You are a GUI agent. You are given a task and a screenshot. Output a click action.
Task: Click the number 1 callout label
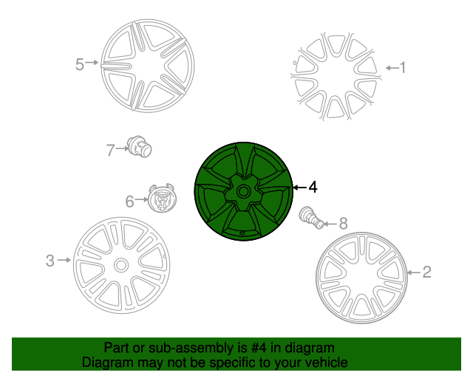(x=403, y=67)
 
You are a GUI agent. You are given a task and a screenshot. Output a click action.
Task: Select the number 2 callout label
(x=426, y=272)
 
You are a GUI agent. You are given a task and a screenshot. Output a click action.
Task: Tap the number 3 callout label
(x=50, y=261)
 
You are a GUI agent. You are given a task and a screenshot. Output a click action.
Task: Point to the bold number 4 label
(x=313, y=188)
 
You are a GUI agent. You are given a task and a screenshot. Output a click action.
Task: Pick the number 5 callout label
(x=79, y=64)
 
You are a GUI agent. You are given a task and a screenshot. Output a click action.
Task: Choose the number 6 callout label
(x=129, y=202)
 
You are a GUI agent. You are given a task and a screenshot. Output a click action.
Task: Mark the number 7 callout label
(x=110, y=150)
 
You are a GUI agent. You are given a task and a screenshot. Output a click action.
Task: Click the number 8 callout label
(x=343, y=224)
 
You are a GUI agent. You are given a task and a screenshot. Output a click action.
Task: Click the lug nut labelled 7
(x=139, y=146)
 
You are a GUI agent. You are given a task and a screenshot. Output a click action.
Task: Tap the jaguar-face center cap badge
(x=163, y=198)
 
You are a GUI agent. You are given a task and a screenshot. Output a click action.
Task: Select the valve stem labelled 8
(x=311, y=218)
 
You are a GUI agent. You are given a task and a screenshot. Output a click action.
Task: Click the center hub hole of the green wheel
(x=243, y=191)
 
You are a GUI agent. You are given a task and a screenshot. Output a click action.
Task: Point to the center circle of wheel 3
(x=121, y=266)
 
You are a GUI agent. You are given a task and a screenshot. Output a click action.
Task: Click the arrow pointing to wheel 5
(x=92, y=63)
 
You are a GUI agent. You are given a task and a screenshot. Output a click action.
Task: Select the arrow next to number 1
(x=392, y=68)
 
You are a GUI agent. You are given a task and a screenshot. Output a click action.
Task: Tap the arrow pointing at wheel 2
(x=413, y=273)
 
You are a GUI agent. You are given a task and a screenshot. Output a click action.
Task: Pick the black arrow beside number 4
(x=299, y=188)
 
